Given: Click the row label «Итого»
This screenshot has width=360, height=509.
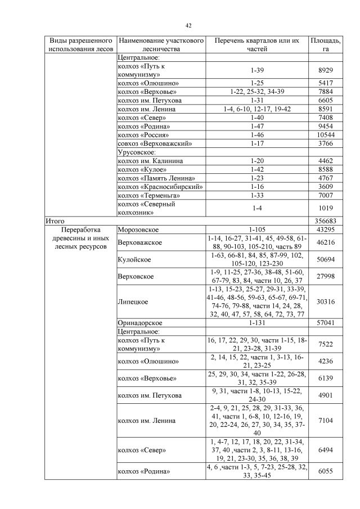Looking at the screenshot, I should tap(55, 222).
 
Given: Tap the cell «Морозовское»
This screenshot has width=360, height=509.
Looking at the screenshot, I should tap(138, 230).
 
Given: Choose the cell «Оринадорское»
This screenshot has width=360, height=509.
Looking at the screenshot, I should tap(140, 323).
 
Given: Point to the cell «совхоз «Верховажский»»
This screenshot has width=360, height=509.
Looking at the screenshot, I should tap(155, 143).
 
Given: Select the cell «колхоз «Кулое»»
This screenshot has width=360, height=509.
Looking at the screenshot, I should tap(141, 169).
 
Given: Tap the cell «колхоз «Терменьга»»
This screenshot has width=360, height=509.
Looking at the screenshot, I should tap(148, 195).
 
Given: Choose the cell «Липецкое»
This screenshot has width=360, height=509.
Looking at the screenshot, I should tap(133, 301).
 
